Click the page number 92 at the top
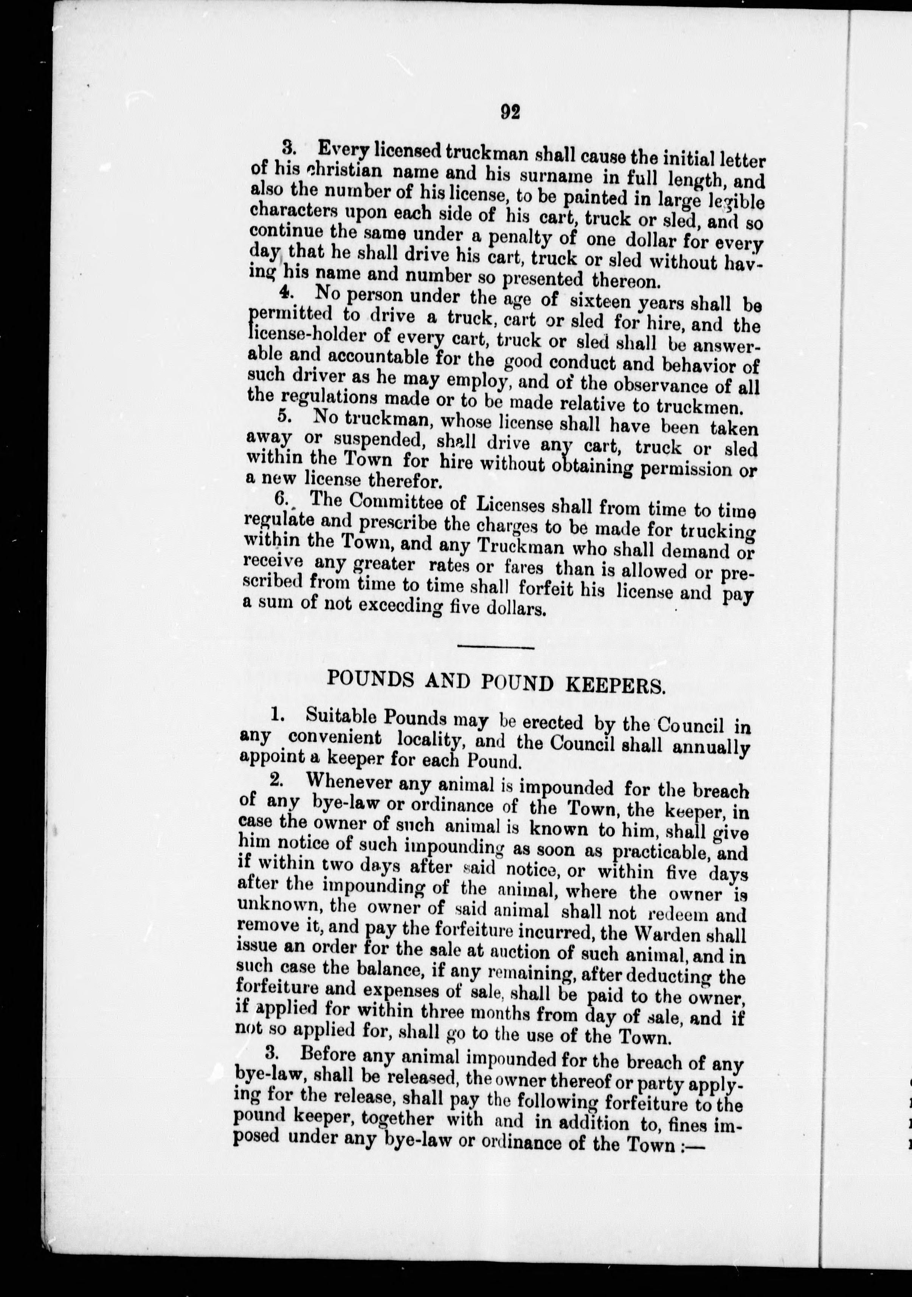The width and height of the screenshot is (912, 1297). pos(510,112)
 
